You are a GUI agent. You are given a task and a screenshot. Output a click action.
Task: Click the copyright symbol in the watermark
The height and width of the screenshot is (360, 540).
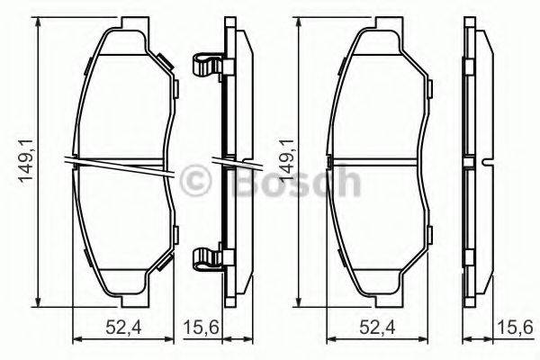[195, 182]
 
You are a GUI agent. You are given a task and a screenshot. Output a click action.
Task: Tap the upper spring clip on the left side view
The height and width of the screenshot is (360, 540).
[209, 66]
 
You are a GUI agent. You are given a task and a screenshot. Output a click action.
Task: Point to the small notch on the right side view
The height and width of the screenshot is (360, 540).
[485, 163]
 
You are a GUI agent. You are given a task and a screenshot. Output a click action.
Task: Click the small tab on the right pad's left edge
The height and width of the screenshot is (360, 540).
[331, 163]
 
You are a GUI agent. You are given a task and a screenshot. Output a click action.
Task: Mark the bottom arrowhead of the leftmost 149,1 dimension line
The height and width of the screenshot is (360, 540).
[38, 307]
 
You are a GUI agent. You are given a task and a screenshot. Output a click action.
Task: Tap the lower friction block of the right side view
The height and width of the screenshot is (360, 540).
[470, 229]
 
